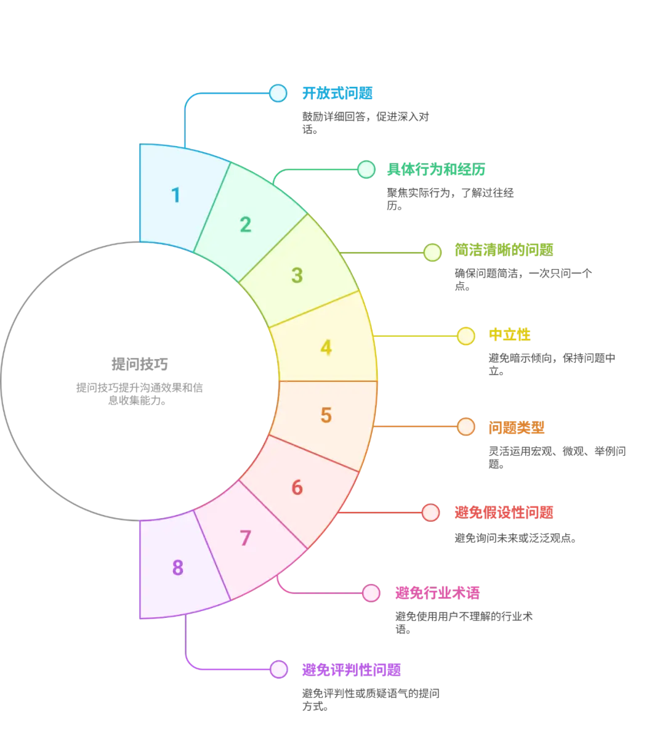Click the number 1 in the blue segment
coord(176,195)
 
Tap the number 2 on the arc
coord(246,225)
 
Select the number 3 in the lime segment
coord(297,275)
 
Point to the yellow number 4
coord(326,348)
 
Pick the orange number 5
coord(326,416)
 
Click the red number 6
coord(297,488)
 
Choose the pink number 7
coord(246,538)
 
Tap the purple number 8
coord(178,568)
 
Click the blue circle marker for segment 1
coord(278,93)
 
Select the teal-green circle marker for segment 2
coord(366,169)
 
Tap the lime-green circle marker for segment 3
coord(432,252)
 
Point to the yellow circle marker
coord(466,336)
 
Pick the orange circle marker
coord(466,426)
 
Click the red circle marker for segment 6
coord(431,512)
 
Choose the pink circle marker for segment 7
coord(371,593)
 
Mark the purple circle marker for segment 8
coord(279,670)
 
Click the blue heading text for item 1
coord(337,94)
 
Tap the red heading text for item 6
coord(504,512)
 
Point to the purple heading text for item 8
coord(352,670)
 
